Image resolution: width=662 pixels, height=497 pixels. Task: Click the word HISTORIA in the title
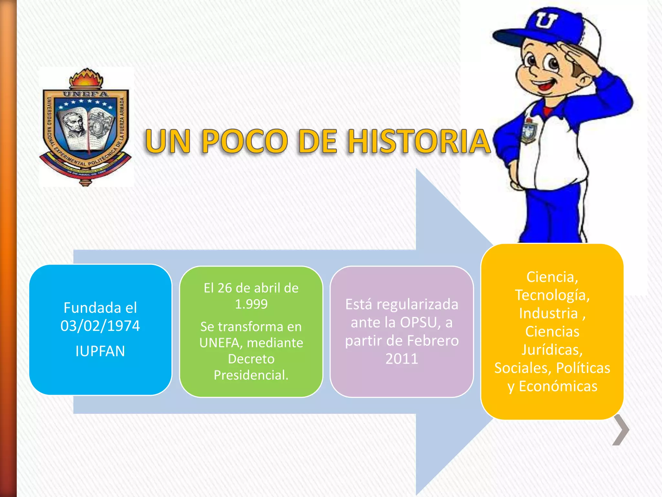(419, 141)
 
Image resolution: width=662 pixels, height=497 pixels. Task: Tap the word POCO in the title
(244, 141)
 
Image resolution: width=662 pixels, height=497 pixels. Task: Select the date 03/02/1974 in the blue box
(100, 326)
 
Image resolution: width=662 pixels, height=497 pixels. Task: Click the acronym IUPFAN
(100, 351)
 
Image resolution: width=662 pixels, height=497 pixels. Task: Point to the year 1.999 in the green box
(251, 304)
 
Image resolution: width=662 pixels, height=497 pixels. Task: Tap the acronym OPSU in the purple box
(419, 322)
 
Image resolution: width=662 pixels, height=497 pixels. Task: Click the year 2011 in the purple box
(402, 359)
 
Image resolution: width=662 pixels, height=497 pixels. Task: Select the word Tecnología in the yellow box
(552, 295)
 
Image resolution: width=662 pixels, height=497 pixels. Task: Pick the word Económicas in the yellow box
(558, 386)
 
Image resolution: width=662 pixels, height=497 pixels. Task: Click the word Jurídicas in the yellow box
(552, 350)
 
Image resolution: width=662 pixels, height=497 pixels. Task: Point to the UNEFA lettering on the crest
(86, 94)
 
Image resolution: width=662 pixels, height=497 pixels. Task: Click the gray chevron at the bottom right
(621, 430)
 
